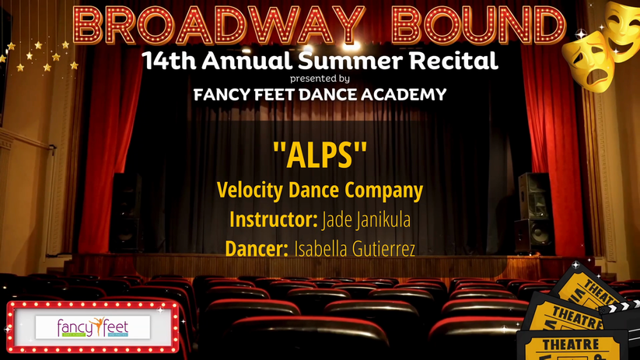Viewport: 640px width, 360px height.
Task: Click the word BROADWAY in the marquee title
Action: click(x=219, y=25)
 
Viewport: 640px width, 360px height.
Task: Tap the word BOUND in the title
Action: click(x=478, y=25)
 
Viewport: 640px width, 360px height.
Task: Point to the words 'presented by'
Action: click(x=320, y=79)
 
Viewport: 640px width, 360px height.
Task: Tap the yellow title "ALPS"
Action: click(x=320, y=155)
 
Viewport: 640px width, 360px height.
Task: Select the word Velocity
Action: click(x=250, y=190)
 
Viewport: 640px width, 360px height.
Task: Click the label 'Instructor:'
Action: click(x=273, y=219)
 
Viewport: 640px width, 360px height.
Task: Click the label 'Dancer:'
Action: click(x=257, y=249)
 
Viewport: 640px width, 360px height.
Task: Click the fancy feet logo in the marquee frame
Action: click(x=93, y=327)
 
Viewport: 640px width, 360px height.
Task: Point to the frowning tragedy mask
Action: click(x=589, y=61)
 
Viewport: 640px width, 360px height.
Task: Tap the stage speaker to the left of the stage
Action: click(x=126, y=212)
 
